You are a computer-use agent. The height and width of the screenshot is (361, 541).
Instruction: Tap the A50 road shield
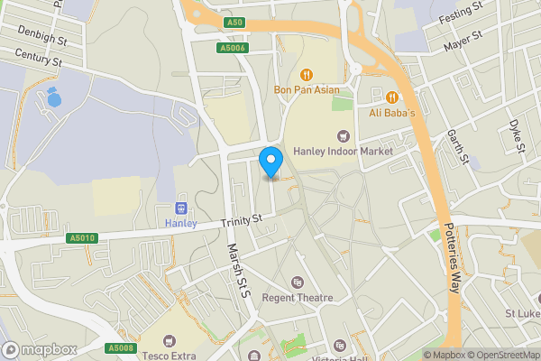(234, 21)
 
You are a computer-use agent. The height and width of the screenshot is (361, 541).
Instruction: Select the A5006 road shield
(232, 48)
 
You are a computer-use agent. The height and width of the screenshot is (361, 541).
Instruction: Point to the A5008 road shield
(120, 348)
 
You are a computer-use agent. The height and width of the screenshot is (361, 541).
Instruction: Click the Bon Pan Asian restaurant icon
(306, 74)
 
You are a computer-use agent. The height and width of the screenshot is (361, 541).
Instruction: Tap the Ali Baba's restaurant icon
(392, 97)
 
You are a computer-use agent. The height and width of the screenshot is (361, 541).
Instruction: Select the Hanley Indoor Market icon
(342, 136)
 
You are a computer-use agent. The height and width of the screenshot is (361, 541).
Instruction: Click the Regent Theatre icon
(298, 283)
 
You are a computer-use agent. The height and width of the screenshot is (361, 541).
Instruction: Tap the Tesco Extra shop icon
(169, 341)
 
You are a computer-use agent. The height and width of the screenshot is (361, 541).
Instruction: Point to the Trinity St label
(242, 218)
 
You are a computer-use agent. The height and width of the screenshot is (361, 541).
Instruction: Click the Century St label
(37, 59)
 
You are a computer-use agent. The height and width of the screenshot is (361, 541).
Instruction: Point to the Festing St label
(462, 17)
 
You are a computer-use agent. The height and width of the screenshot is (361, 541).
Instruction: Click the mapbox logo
(40, 349)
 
